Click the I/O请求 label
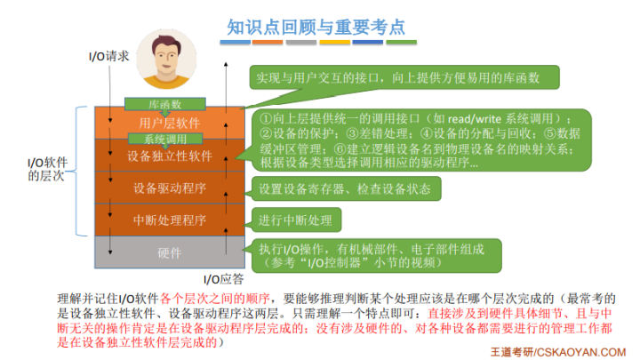click(109, 55)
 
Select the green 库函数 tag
click(164, 104)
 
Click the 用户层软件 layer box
click(169, 123)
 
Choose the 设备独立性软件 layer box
click(169, 156)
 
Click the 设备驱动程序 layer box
click(169, 188)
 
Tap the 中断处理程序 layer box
click(169, 220)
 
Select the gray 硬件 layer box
click(169, 252)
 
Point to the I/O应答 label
click(223, 278)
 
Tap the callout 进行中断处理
click(296, 220)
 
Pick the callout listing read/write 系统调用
click(418, 140)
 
